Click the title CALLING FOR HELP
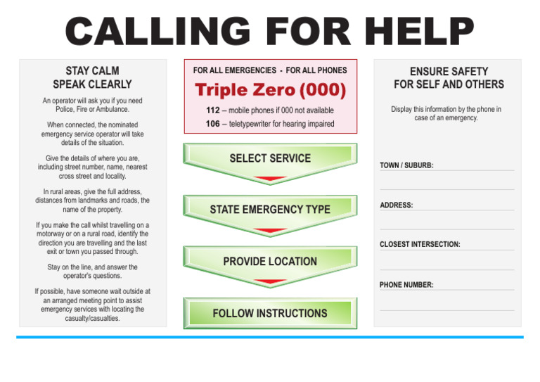tap(270, 32)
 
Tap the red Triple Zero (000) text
tap(271, 90)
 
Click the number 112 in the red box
tap(213, 110)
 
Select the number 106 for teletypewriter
tap(213, 124)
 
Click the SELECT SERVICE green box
tap(270, 158)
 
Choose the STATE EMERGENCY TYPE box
tap(270, 209)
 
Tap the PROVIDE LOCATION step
tap(270, 261)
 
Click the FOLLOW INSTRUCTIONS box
tap(270, 313)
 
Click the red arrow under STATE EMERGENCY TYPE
tap(270, 231)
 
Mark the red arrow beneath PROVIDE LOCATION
tap(270, 283)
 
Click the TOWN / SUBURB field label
tap(406, 166)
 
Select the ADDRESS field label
tap(397, 205)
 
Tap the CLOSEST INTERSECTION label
tap(420, 245)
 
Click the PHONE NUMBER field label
tap(406, 285)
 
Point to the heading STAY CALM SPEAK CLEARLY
tap(92, 77)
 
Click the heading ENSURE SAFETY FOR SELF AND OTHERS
tap(449, 77)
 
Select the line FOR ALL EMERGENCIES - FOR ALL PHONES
tap(270, 70)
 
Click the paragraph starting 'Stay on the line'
tap(92, 272)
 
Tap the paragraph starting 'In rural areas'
tap(92, 200)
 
